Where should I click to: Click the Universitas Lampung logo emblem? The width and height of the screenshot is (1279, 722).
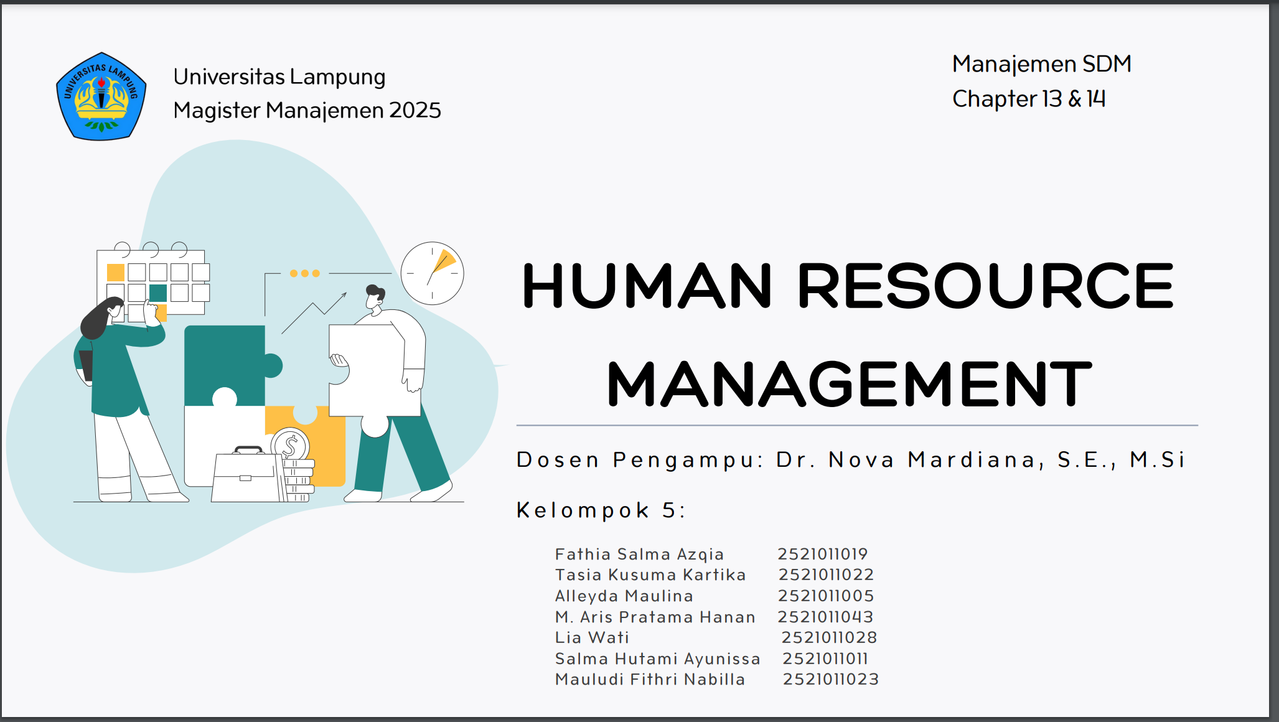(x=101, y=96)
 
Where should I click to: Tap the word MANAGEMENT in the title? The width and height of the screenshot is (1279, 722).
(x=849, y=384)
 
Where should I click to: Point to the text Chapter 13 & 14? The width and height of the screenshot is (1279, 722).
(x=1029, y=99)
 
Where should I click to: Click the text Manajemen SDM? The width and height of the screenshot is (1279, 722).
(x=1042, y=64)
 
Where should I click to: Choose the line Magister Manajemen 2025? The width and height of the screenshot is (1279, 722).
(x=307, y=110)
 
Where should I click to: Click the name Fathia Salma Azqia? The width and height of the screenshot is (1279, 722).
(x=639, y=554)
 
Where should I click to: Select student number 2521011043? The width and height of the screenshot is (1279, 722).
(x=825, y=617)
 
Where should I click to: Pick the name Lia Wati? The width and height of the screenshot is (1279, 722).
(x=592, y=637)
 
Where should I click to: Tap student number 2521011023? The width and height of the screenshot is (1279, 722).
(x=831, y=679)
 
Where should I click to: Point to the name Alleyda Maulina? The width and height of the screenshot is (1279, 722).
(x=624, y=596)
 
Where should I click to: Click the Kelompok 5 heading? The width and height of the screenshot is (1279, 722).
(x=601, y=510)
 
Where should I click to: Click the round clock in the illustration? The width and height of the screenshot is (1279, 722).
(x=433, y=273)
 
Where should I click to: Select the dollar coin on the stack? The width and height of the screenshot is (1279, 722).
(x=290, y=445)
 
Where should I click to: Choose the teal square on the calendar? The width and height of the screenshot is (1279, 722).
(x=158, y=293)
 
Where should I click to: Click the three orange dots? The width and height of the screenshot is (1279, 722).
(x=304, y=273)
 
